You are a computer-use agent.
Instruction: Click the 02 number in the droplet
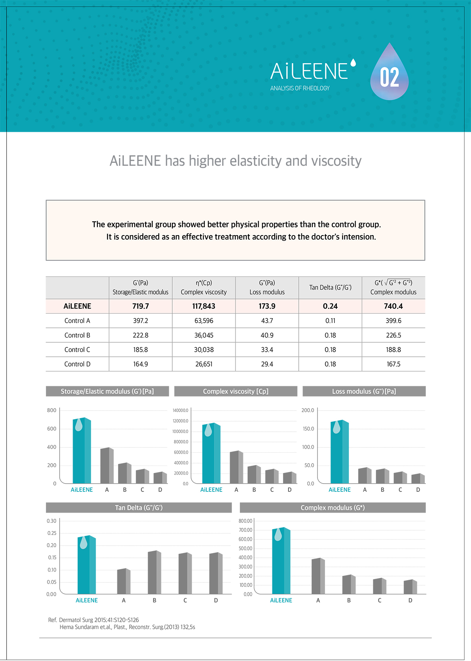point(389,77)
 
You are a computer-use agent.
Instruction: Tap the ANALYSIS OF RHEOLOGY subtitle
point(300,88)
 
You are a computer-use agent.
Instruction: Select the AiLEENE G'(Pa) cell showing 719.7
point(141,306)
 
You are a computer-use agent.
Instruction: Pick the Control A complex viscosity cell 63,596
point(204,321)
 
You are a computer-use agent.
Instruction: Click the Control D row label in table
point(77,364)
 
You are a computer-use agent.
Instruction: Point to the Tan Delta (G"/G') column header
point(330,287)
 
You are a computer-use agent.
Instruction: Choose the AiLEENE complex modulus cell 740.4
point(393,306)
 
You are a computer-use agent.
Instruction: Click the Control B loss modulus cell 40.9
point(267,335)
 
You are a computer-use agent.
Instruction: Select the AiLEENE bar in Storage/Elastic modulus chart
point(82,451)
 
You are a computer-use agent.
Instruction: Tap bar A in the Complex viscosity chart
point(236,468)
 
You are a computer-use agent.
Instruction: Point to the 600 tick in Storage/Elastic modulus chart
point(52,429)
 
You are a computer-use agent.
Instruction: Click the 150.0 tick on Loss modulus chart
point(308,429)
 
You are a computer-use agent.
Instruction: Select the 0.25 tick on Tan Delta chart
point(51,533)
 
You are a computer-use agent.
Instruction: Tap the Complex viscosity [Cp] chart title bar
point(235,391)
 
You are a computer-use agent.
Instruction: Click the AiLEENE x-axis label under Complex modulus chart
point(281,600)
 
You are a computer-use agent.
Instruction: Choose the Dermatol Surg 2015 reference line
point(93,620)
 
